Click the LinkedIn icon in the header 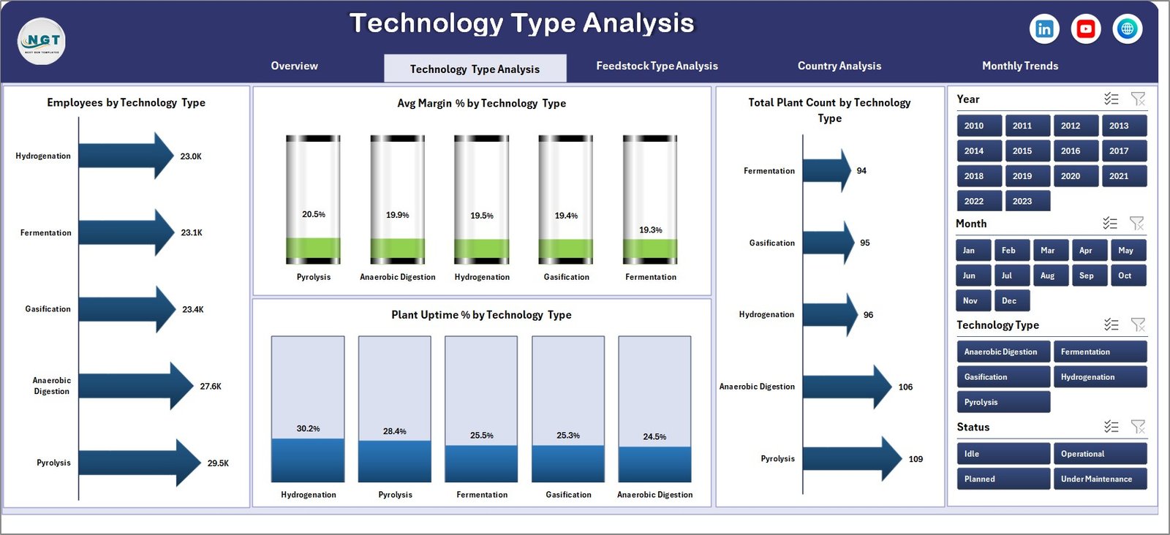[x=1044, y=29]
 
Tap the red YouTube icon [x=1086, y=29]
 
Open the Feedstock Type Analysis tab [x=657, y=66]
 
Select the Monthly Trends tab [x=1019, y=66]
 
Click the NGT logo [x=42, y=42]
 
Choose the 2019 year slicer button [x=1022, y=176]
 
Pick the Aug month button [x=1047, y=276]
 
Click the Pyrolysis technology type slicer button [x=1003, y=402]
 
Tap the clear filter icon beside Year [x=1138, y=99]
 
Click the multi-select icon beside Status [x=1111, y=427]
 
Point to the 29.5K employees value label [x=218, y=463]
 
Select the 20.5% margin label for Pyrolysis [x=314, y=214]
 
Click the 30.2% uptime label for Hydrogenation [x=308, y=428]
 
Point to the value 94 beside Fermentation [x=861, y=171]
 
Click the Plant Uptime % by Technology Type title [x=481, y=315]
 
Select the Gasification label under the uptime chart [x=568, y=495]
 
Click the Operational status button [x=1099, y=454]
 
